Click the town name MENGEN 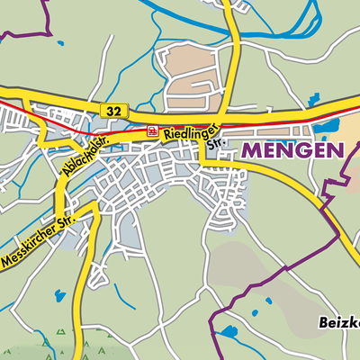click(x=292, y=151)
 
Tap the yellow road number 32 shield click(x=112, y=110)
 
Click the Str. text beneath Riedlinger click(x=214, y=142)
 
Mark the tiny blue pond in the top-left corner click(x=59, y=43)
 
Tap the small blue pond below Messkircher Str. click(x=59, y=294)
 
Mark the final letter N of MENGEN click(x=335, y=151)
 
